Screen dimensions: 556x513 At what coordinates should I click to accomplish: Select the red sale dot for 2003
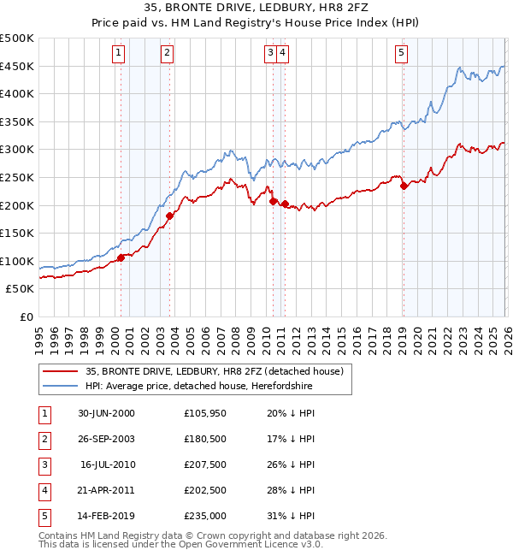click(169, 216)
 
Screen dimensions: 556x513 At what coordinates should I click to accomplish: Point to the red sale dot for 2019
click(403, 186)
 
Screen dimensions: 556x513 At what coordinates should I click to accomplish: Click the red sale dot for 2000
click(121, 257)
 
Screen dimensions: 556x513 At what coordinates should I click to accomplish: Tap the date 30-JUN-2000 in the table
click(106, 413)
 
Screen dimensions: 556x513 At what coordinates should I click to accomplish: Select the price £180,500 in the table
click(204, 439)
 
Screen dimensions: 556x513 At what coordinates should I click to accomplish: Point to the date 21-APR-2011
click(106, 490)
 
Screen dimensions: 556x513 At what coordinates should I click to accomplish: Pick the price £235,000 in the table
click(204, 516)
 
